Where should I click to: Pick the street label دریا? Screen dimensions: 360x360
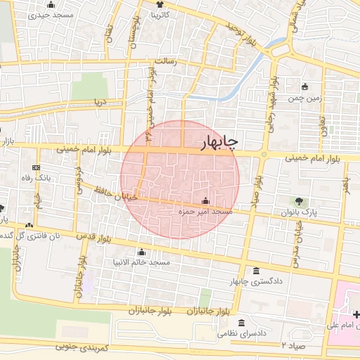click(101, 101)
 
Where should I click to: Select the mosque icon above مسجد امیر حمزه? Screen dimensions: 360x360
click(205, 200)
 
